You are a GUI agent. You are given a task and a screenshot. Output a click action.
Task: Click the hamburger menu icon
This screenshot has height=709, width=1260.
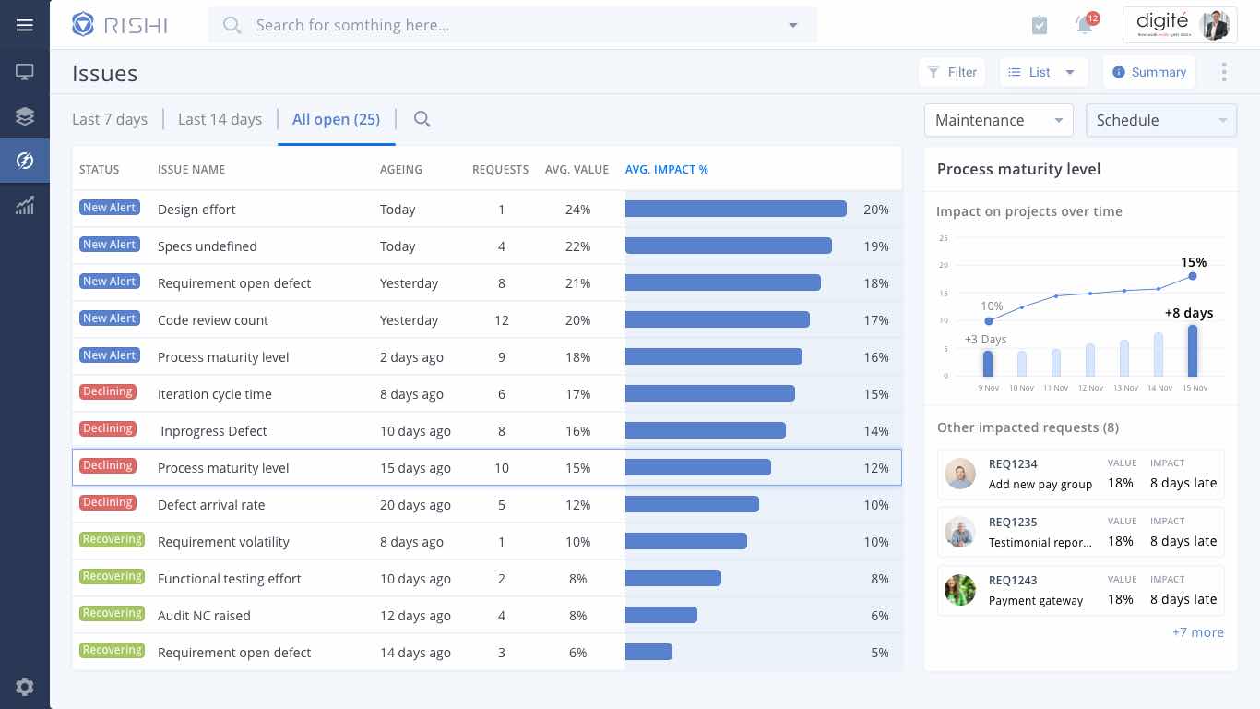[25, 25]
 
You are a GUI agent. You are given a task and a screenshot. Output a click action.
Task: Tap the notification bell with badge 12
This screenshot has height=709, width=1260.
[1086, 25]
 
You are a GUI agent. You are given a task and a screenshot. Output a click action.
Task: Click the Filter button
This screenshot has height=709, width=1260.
[952, 72]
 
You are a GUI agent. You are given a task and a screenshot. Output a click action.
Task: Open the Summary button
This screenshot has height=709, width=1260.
[1149, 72]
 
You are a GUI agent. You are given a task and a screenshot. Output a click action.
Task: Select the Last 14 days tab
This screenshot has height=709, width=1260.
[220, 119]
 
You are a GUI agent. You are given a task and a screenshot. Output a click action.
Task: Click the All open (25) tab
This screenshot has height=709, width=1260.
[336, 119]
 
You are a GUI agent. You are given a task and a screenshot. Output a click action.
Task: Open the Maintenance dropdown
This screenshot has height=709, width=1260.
[998, 120]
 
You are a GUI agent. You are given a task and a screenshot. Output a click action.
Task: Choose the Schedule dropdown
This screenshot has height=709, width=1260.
[1160, 120]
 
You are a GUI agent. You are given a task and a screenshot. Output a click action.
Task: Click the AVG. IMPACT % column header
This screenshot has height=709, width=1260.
[666, 169]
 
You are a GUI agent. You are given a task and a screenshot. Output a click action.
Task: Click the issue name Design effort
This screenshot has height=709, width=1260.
[196, 210]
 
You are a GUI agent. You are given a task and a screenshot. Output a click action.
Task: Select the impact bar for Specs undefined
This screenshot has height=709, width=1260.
[728, 246]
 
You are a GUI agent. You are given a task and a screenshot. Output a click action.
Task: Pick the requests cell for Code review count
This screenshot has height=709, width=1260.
[501, 320]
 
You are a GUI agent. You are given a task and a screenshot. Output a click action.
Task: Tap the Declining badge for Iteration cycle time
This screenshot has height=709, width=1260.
[108, 391]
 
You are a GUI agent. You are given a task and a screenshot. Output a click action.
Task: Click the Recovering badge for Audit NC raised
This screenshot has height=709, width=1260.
[112, 613]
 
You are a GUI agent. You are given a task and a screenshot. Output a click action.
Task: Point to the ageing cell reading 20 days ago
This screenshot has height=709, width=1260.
[415, 505]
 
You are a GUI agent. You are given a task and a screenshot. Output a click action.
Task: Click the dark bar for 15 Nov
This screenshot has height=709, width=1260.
[1193, 351]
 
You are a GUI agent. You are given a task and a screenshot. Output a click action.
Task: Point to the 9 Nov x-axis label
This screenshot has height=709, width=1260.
[988, 388]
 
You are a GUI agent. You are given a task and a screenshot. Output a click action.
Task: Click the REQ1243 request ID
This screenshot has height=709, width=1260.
[1013, 581]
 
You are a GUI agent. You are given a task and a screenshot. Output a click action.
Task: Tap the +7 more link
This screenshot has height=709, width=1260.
[1197, 632]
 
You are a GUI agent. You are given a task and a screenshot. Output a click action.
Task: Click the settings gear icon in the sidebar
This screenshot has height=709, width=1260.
[25, 686]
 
